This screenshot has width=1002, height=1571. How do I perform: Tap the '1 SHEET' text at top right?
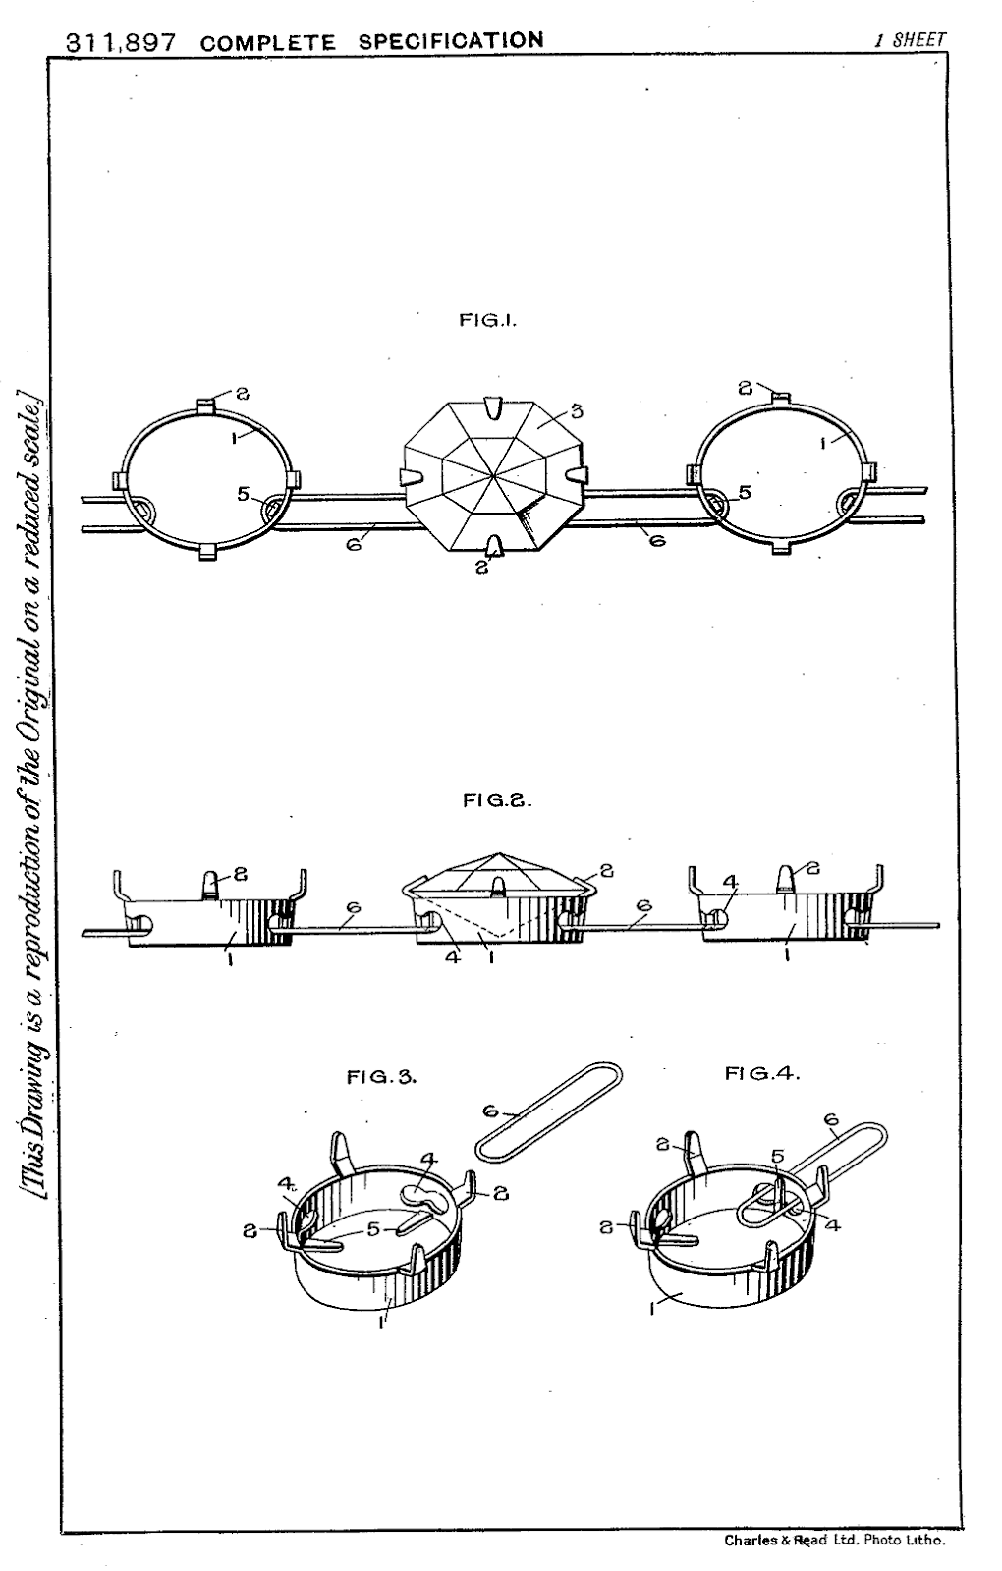[x=910, y=40]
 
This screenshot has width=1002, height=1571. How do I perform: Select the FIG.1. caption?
[x=488, y=320]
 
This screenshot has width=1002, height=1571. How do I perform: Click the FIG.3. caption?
[x=382, y=1077]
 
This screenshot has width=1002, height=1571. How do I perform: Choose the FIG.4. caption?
[x=762, y=1073]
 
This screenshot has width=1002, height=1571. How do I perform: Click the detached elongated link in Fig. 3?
[x=548, y=1110]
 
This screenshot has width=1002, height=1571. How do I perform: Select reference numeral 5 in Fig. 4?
[x=777, y=1157]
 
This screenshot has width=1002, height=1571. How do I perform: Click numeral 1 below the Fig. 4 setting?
[x=651, y=1308]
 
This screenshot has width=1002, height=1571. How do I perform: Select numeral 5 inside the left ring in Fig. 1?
[x=243, y=494]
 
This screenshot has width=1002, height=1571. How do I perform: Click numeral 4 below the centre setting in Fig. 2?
[x=453, y=955]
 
